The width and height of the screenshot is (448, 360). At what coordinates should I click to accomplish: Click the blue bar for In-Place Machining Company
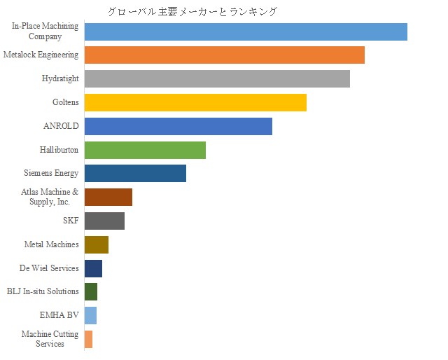click(245, 32)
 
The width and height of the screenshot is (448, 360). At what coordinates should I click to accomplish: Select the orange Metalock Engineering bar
click(224, 55)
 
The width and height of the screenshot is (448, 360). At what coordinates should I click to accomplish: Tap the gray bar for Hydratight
click(217, 78)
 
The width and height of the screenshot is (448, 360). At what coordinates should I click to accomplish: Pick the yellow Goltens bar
click(195, 102)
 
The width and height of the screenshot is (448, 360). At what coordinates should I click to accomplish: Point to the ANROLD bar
click(178, 126)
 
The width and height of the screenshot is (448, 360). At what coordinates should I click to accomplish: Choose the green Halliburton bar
click(145, 150)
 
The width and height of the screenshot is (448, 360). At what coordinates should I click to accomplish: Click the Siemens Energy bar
click(135, 173)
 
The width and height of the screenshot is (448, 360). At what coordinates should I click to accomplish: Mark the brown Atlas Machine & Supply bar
click(108, 197)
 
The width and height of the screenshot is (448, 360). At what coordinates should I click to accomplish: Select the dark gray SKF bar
click(104, 221)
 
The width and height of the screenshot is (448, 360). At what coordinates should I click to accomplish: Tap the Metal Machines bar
click(97, 244)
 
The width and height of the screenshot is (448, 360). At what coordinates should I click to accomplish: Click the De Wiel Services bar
click(93, 268)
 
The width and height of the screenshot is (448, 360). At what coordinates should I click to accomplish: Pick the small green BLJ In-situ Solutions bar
click(91, 291)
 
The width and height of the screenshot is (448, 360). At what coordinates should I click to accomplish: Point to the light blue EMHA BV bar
click(90, 315)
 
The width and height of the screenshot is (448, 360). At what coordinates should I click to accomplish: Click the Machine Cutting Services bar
click(88, 339)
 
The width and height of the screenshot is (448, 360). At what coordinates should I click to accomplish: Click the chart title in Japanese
click(192, 12)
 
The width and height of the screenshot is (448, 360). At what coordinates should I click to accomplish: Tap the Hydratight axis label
click(60, 78)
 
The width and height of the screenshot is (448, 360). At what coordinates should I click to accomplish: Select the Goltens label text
click(66, 102)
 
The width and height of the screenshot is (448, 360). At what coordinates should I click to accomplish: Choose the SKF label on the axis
click(71, 221)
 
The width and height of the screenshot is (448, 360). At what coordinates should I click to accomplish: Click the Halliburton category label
click(59, 150)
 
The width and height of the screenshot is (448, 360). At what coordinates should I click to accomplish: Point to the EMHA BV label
click(59, 315)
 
